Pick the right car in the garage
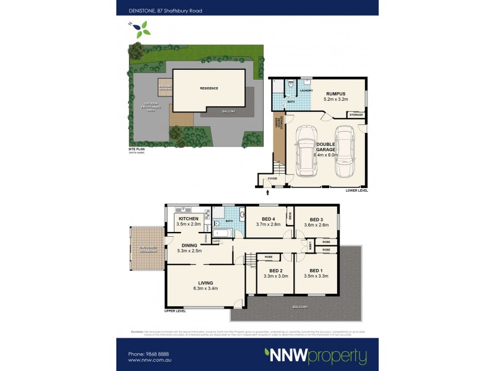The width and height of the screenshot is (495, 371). pos(345,150)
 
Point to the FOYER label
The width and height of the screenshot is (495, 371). pos(270,180)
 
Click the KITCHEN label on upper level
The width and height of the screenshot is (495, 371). pos(187,220)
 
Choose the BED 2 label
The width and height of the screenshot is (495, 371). pos(276,271)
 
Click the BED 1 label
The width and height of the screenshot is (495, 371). pos(316,271)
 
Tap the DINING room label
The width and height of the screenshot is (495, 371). pos(189,245)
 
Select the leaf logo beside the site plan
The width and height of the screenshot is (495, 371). pos(142,27)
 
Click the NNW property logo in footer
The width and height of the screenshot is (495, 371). pos(315,356)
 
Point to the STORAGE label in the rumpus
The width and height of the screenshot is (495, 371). pos(355,115)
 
